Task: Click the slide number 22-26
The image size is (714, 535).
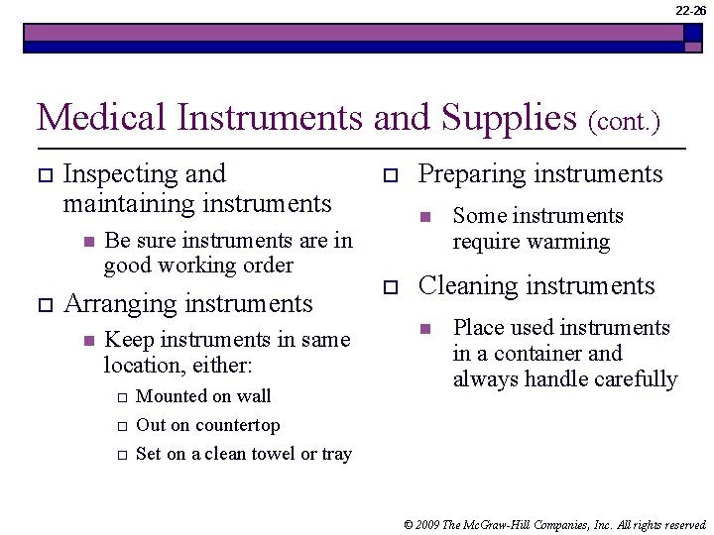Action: coord(691,11)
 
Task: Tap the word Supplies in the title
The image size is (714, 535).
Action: coord(509,118)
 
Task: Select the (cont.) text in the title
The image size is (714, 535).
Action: coord(624,122)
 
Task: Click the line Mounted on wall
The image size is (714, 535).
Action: coord(202,396)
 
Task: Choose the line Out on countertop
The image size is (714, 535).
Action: coord(207,425)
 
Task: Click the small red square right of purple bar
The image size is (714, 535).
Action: coord(690,33)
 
